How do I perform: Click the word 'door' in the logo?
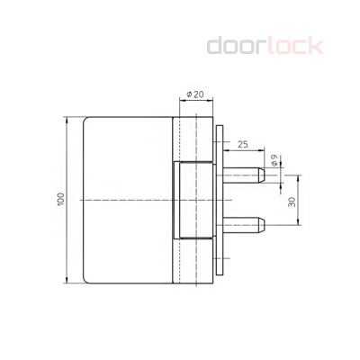pyautogui.click(x=235, y=45)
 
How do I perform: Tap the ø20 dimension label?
pyautogui.click(x=193, y=94)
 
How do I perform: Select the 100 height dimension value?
pyautogui.click(x=60, y=199)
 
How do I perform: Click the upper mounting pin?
pyautogui.click(x=243, y=172)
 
